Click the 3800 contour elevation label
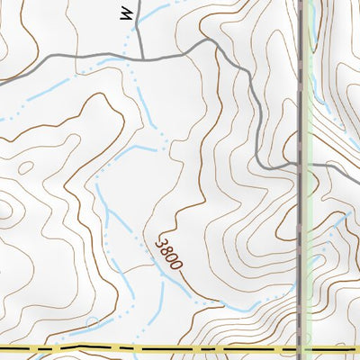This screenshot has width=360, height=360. pyautogui.click(x=170, y=255)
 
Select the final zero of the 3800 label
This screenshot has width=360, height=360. pyautogui.click(x=178, y=266)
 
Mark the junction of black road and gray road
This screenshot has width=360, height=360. pyautogui.click(x=141, y=59)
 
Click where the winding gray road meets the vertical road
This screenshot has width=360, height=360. pyautogui.click(x=299, y=166)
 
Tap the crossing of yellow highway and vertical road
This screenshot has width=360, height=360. pyautogui.click(x=299, y=348)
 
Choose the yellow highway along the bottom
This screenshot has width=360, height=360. pyautogui.click(x=180, y=348)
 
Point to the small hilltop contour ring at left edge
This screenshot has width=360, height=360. pyautogui.click(x=5, y=211)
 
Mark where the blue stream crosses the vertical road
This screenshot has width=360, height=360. pyautogui.click(x=299, y=250)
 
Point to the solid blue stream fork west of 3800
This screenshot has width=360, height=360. pyautogui.click(x=108, y=216)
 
